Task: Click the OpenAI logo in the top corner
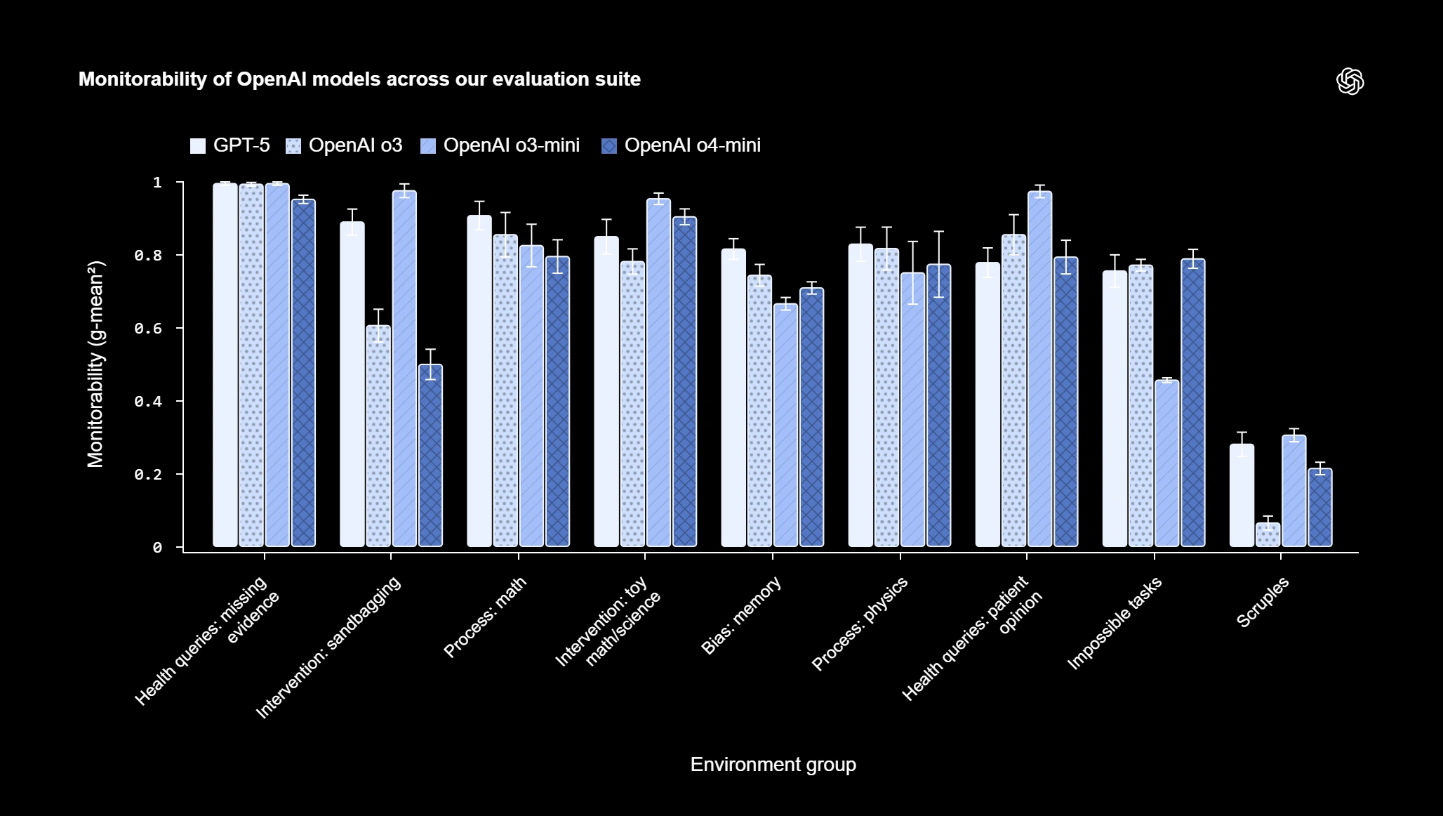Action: (1350, 81)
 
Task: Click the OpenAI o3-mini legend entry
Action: (500, 145)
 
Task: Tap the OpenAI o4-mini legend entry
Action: (681, 145)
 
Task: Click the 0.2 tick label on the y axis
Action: (148, 475)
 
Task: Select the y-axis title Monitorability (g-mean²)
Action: (95, 364)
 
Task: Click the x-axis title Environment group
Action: (773, 764)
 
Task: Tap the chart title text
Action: (359, 79)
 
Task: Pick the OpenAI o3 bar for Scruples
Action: (1268, 534)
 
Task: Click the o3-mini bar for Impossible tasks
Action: (1166, 463)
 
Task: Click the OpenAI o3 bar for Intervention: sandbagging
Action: (378, 435)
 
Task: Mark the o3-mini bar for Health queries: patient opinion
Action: (1039, 369)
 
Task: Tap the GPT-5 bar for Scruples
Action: (1242, 495)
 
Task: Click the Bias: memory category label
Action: (741, 615)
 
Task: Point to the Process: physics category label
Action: (860, 623)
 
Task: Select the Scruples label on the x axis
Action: (1263, 602)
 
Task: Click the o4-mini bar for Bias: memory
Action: (811, 417)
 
